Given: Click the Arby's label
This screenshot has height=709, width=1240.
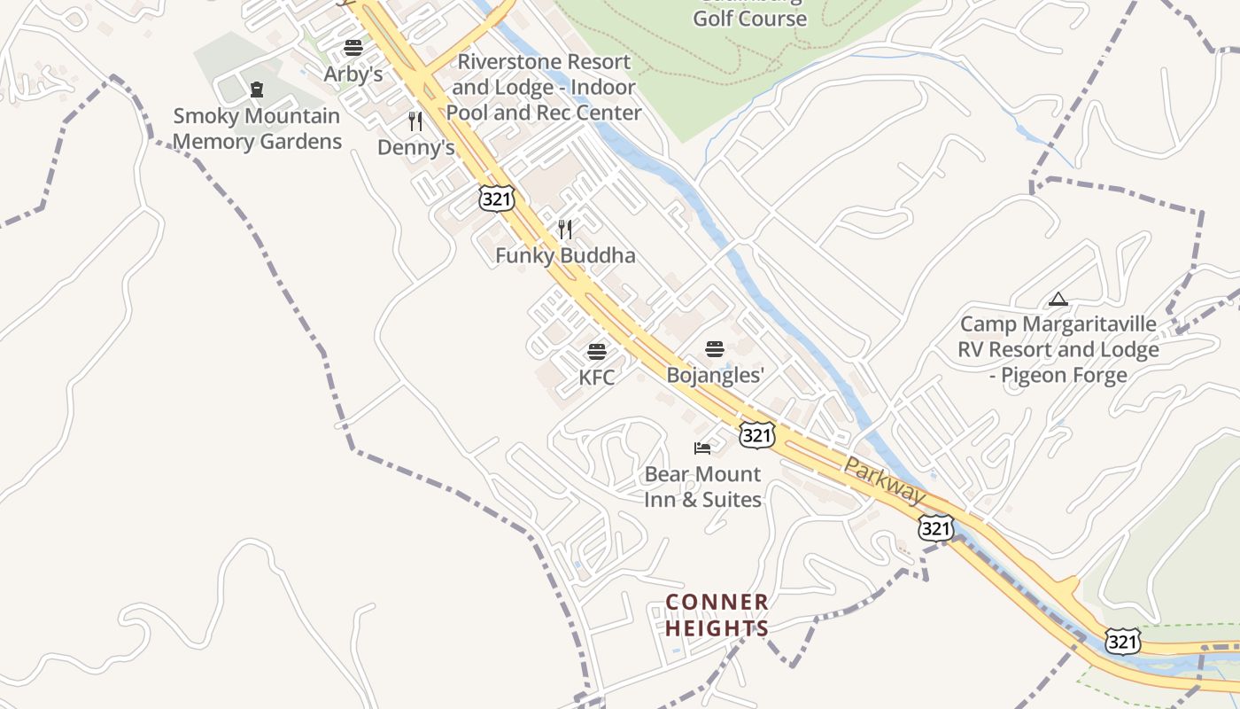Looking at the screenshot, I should point(353,74).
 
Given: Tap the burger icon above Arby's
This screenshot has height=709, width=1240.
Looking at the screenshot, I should point(353,48).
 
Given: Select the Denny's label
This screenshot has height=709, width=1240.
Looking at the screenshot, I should point(415,147).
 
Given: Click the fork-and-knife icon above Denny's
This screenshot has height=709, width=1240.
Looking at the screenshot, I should point(415,121).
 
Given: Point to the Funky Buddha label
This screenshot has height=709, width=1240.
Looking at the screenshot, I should point(565,256).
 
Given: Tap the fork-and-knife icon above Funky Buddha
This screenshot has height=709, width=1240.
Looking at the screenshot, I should point(565,230).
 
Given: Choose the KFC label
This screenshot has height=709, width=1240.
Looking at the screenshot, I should point(596,378).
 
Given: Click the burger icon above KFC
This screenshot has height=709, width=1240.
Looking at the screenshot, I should point(597,352).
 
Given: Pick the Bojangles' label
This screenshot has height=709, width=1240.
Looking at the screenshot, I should point(715,375).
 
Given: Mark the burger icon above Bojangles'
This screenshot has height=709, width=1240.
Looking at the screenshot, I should point(715,349).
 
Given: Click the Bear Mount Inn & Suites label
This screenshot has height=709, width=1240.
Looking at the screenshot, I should point(702,487).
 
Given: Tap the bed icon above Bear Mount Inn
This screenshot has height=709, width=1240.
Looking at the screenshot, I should point(702,448).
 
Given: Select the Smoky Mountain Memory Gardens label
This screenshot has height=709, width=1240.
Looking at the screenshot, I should point(257,129).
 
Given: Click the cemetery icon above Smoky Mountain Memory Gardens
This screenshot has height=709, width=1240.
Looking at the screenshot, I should point(257,90).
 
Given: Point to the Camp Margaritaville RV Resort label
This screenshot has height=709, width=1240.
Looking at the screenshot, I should point(1058,349).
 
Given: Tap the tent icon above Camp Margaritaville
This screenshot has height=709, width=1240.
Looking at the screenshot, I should point(1058,300).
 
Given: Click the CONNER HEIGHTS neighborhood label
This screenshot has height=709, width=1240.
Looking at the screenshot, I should point(717,615).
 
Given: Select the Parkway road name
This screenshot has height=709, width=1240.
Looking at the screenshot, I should point(883,481).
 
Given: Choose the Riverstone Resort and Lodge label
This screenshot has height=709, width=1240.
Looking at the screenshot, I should point(544,87).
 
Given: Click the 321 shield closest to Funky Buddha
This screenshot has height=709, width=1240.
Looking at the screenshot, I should point(496,199).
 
